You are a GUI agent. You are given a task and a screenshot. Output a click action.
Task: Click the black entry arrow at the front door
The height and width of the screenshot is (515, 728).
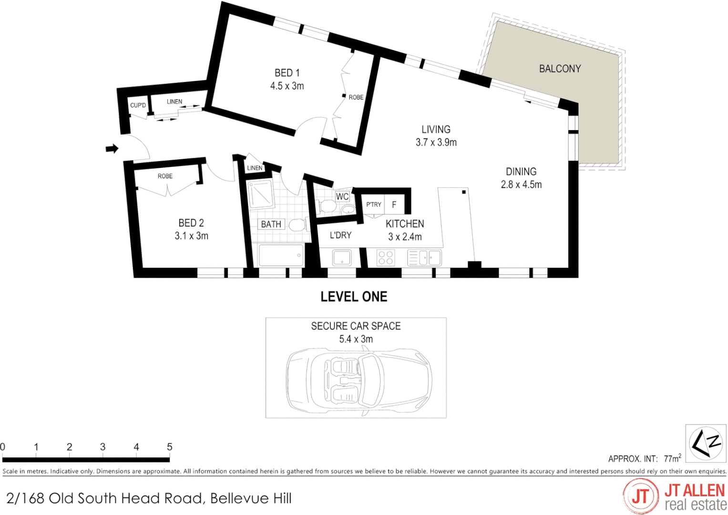point(112,149)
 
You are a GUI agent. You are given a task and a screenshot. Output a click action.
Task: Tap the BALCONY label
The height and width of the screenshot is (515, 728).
point(560,69)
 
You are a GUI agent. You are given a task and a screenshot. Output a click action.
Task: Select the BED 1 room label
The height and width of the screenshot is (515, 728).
point(287,73)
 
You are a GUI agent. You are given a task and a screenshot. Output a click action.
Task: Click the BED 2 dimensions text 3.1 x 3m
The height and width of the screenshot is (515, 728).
point(191,236)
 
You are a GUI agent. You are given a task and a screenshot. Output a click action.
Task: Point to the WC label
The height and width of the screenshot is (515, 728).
point(342,196)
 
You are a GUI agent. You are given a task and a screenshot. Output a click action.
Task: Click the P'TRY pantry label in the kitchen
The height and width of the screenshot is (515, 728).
point(373,205)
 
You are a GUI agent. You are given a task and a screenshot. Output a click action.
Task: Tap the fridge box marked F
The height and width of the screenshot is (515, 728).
point(394,205)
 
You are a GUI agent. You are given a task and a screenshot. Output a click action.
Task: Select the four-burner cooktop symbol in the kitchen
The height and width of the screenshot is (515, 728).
point(385,258)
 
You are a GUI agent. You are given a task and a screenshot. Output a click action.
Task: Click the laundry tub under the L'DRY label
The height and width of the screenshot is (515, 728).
point(342,258)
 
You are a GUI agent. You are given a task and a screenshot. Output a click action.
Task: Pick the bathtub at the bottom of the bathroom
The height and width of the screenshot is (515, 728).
point(280,255)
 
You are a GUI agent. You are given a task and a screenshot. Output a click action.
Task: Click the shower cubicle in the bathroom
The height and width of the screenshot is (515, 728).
point(260,194)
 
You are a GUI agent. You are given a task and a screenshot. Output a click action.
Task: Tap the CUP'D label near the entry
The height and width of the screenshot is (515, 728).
point(138,105)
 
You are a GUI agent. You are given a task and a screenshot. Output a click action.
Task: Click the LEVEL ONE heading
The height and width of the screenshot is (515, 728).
point(354,297)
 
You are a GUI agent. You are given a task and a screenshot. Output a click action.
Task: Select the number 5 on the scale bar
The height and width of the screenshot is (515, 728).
point(169,447)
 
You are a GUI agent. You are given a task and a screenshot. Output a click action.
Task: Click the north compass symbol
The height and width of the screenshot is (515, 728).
point(706,443)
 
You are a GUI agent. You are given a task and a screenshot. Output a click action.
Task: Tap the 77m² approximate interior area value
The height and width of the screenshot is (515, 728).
point(672,459)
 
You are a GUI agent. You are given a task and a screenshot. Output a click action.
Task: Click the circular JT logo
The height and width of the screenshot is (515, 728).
point(640,496)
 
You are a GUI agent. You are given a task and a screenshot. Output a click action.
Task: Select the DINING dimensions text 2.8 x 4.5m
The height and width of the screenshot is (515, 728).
point(521,185)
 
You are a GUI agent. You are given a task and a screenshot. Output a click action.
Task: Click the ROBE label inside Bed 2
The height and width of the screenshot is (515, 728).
point(165,176)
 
